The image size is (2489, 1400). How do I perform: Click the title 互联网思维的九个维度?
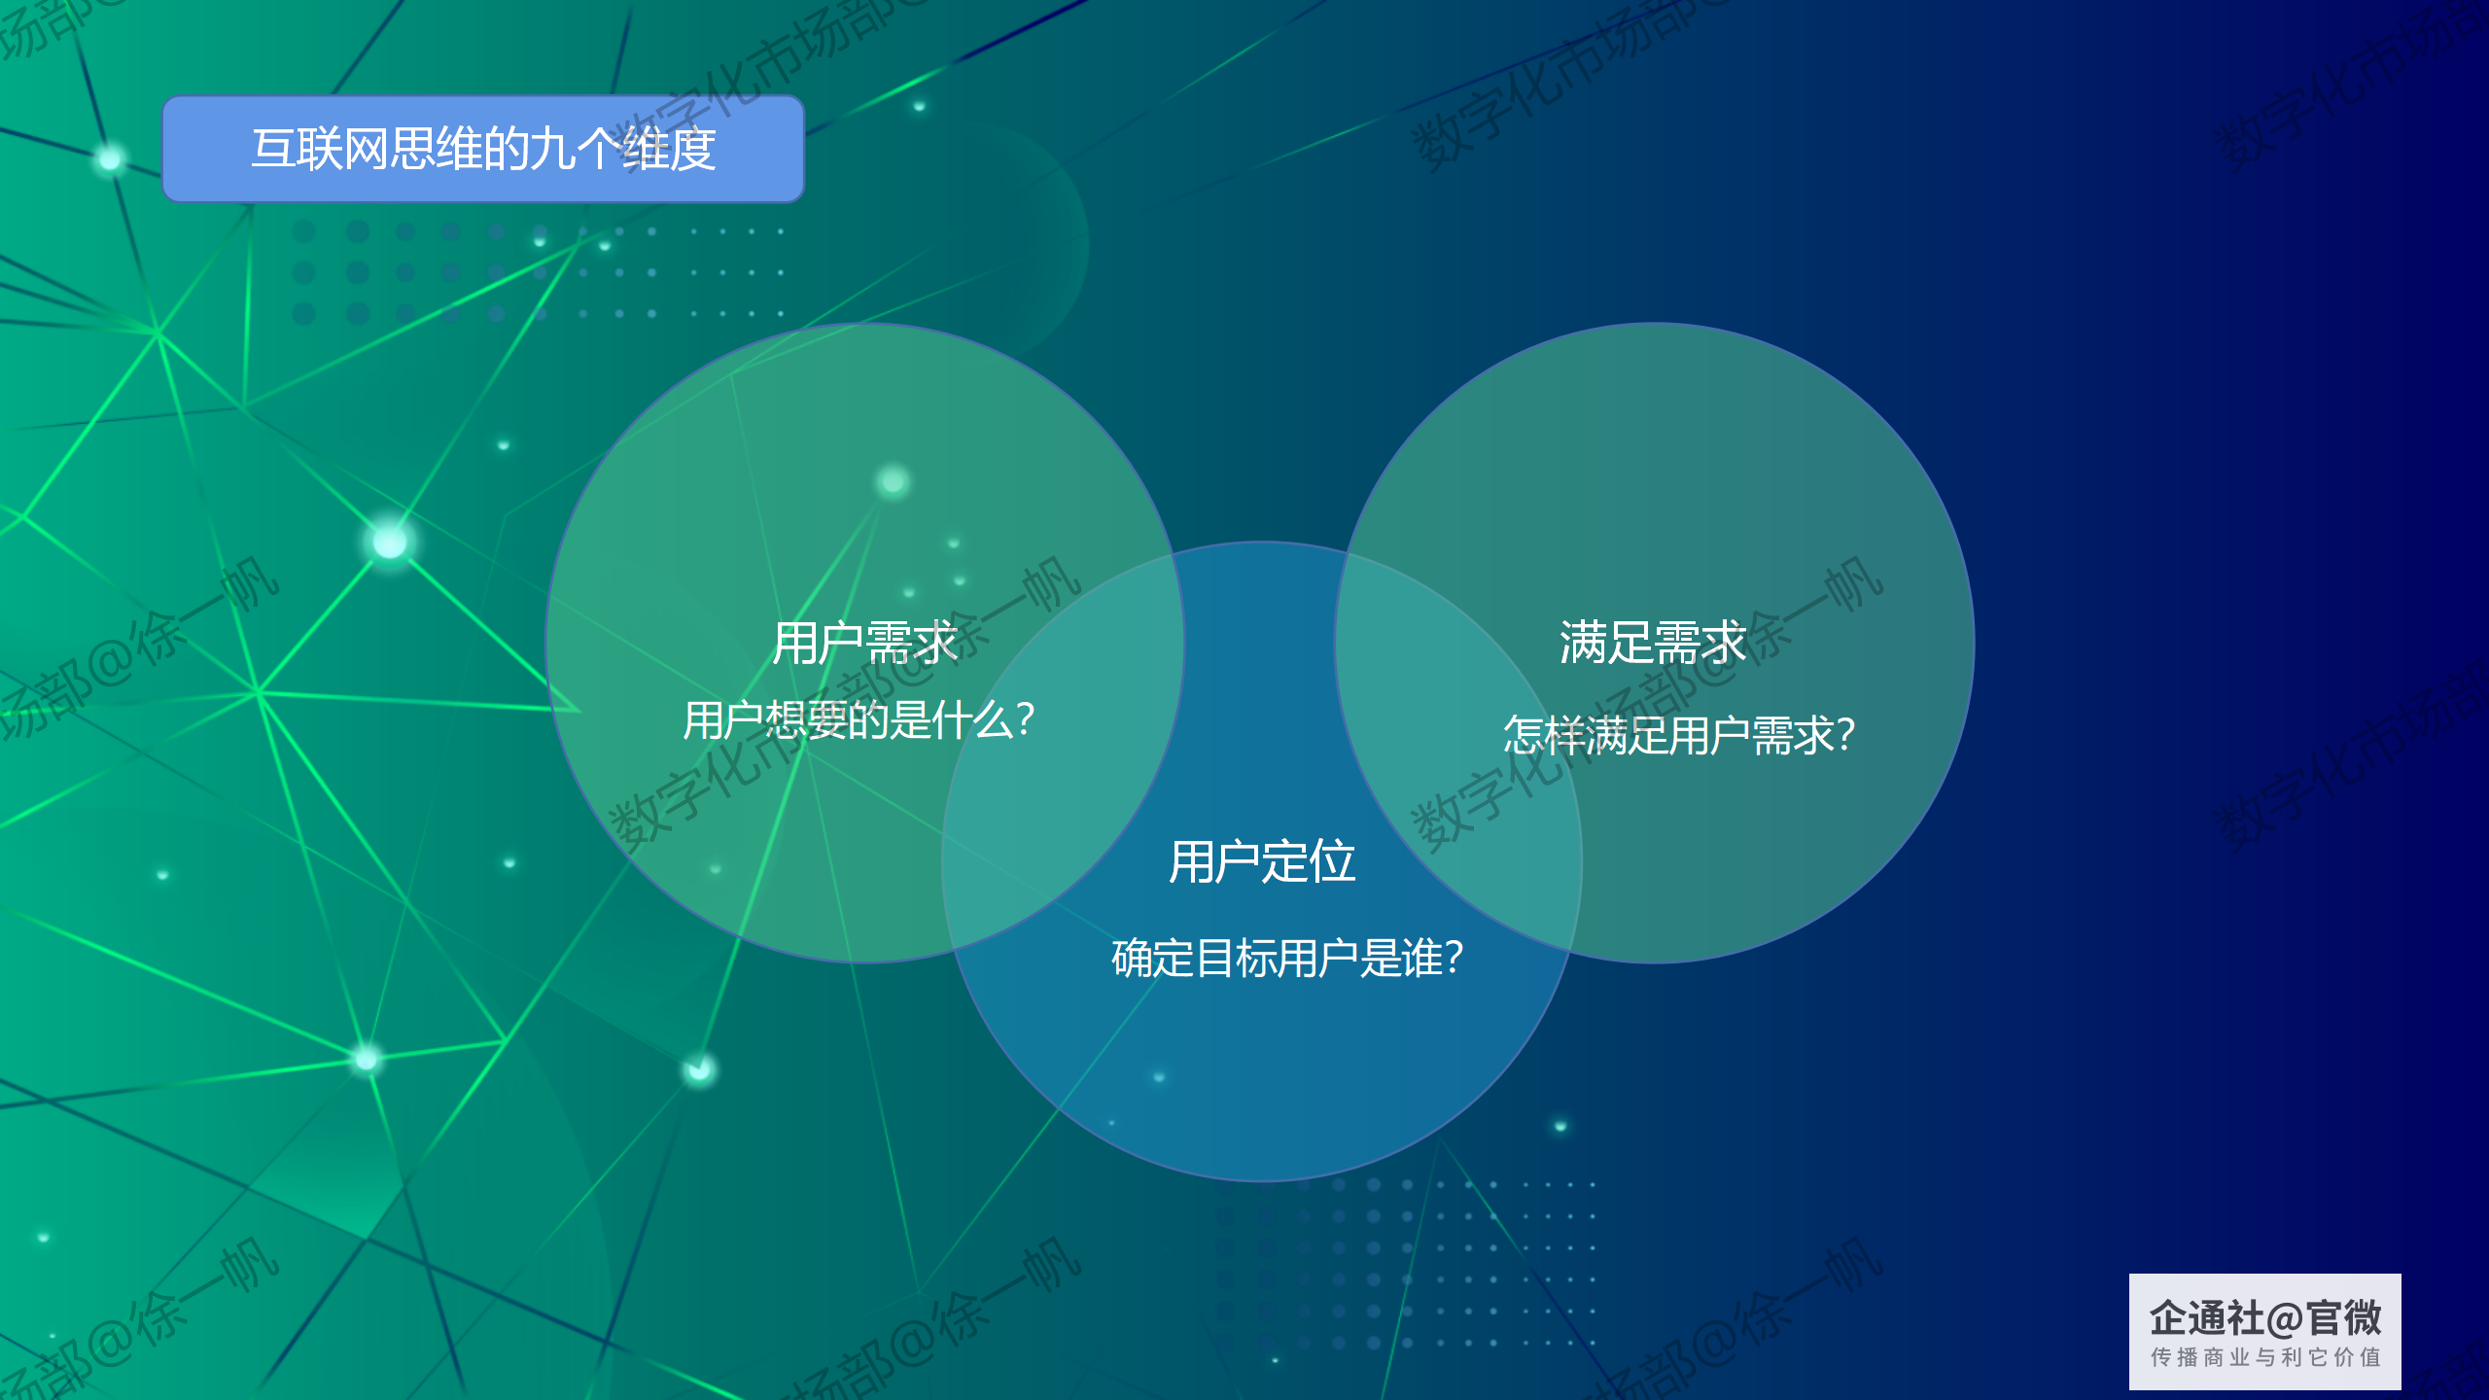(x=483, y=150)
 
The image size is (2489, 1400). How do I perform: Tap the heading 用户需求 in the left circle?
(x=865, y=644)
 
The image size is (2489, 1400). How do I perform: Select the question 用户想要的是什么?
(x=859, y=720)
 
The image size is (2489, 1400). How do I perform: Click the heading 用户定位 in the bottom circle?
(x=1262, y=862)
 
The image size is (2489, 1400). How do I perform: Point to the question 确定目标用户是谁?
(x=1287, y=959)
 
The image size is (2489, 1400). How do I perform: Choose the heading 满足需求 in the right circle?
(x=1653, y=644)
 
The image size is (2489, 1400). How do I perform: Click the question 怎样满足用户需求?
(x=1679, y=735)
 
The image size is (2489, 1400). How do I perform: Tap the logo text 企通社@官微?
(x=2265, y=1319)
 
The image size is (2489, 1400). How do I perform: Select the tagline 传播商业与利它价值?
(x=2265, y=1357)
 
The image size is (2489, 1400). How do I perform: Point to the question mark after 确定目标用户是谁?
(x=1454, y=959)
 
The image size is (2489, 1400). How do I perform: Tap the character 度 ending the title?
(x=693, y=150)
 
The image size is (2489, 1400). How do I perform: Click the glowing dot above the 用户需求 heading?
(x=893, y=481)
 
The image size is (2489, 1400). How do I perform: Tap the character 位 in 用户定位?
(x=1333, y=862)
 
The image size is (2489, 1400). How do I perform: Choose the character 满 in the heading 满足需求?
(x=1583, y=644)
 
